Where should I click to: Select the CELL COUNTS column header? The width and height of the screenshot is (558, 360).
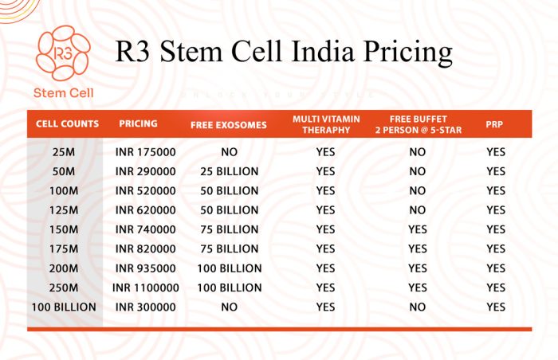[x=68, y=124]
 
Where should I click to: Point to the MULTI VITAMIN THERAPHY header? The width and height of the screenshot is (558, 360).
[x=325, y=124]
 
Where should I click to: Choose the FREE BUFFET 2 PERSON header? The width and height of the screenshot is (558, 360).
[x=418, y=124]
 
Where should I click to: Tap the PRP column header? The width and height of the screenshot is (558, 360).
[x=495, y=125]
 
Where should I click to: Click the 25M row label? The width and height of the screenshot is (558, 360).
[x=65, y=152]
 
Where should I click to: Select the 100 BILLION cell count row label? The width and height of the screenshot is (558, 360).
[x=64, y=307]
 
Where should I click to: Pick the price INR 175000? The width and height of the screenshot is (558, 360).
[x=146, y=152]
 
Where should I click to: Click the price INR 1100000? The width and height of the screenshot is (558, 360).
[x=146, y=288]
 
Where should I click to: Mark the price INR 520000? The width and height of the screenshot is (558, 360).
[x=146, y=191]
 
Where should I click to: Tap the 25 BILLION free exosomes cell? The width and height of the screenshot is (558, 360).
[x=229, y=171]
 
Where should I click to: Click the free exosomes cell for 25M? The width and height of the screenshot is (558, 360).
[x=229, y=152]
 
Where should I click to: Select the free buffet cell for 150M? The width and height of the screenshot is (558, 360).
[x=418, y=229]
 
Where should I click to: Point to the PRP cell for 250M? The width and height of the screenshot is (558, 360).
[x=496, y=288]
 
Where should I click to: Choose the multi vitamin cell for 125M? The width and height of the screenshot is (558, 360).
[x=325, y=210]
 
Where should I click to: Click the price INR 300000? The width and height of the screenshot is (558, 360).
[x=146, y=307]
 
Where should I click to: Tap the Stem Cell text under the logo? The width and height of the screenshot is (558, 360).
[x=64, y=93]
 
